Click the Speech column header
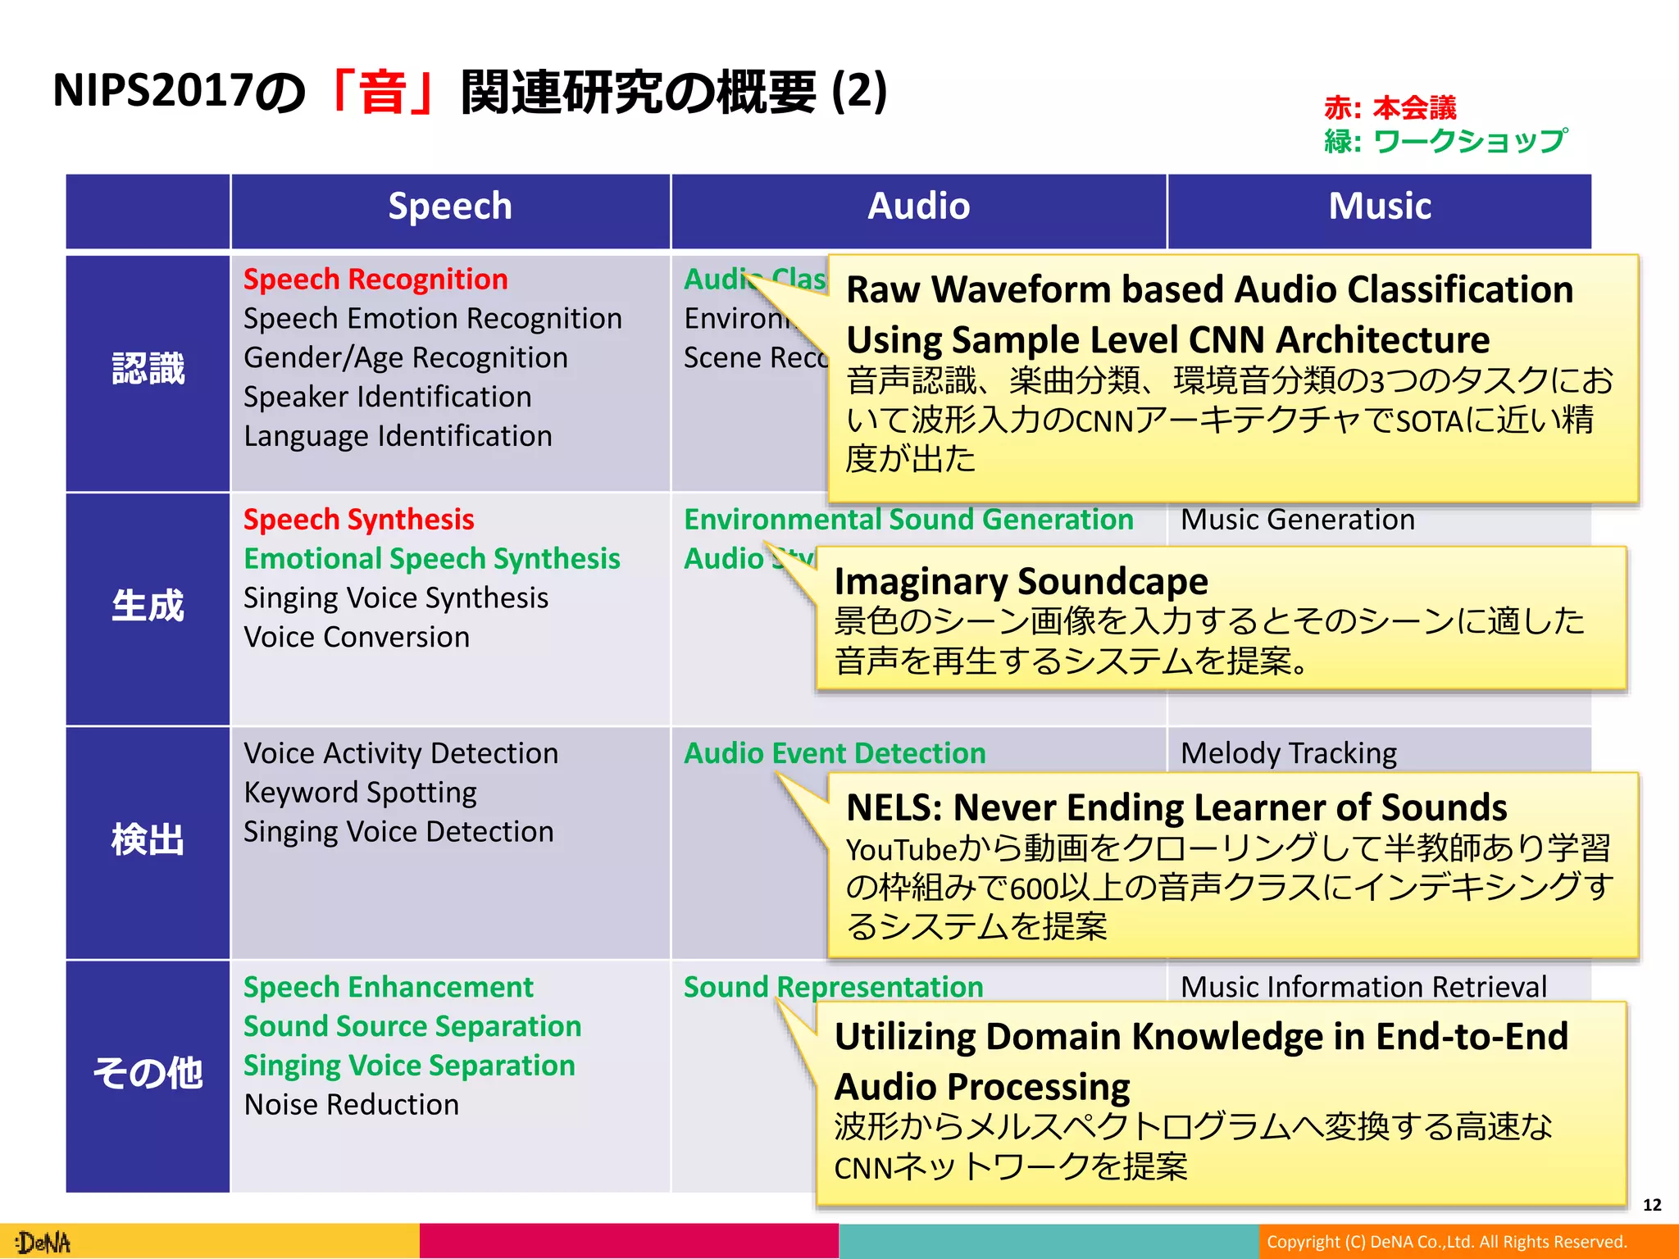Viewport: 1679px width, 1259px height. click(450, 207)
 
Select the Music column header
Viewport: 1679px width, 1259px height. click(1380, 207)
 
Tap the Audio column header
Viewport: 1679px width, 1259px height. click(918, 207)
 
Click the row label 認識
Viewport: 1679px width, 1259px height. click(148, 369)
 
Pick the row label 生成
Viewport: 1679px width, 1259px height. click(148, 607)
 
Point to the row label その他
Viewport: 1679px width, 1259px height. click(148, 1073)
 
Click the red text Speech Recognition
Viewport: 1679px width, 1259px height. click(375, 280)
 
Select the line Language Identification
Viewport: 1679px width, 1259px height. click(398, 436)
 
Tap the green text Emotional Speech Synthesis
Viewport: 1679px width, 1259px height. click(432, 559)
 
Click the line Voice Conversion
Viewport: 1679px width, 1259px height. click(357, 638)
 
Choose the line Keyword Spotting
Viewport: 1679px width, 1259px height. click(360, 793)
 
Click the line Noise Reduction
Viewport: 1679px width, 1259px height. click(351, 1105)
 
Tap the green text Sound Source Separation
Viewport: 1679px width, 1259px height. click(412, 1026)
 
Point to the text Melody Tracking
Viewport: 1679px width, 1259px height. click(1289, 753)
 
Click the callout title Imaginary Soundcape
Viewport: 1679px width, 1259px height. click(1021, 581)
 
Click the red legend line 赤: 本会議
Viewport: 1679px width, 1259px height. click(1390, 107)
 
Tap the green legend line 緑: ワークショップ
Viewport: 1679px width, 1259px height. click(1445, 141)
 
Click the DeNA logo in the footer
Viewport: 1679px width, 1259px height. click(45, 1243)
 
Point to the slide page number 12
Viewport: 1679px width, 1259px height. click(1652, 1205)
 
